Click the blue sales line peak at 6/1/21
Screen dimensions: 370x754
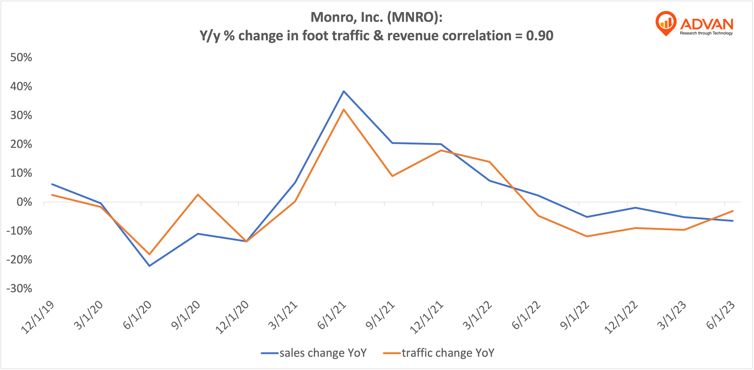[344, 91]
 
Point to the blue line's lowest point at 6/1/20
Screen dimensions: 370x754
[150, 266]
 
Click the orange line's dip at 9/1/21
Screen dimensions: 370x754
[392, 176]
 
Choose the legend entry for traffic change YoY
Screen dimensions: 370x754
[439, 353]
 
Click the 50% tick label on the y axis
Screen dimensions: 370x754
[21, 57]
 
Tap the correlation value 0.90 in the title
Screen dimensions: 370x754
[539, 36]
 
